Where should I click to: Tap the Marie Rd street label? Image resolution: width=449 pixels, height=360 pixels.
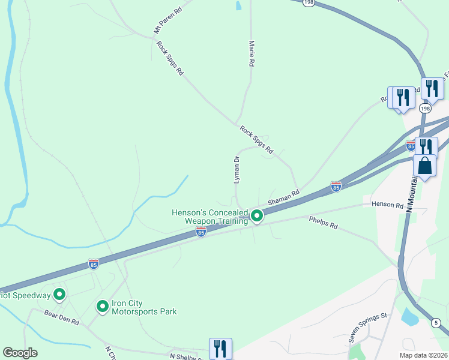click(252, 53)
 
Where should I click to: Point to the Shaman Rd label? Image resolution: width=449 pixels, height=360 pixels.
click(283, 198)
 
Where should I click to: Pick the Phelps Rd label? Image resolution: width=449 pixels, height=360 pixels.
click(324, 223)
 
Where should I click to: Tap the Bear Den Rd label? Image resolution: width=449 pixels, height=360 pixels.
click(62, 317)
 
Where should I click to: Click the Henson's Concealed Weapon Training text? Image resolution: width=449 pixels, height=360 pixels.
click(209, 217)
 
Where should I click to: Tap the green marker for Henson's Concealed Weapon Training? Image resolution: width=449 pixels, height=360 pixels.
click(257, 215)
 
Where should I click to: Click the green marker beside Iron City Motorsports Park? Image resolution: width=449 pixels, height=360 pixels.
click(103, 307)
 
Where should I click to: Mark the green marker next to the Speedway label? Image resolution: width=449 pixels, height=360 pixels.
click(59, 295)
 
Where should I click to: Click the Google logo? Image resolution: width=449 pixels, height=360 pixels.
click(20, 353)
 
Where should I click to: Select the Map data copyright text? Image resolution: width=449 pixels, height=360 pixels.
click(424, 355)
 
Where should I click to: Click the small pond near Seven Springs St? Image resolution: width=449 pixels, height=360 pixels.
click(411, 316)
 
